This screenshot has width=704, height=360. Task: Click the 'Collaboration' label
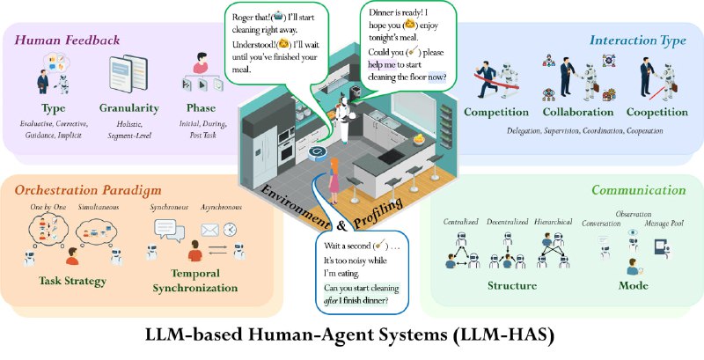(577, 113)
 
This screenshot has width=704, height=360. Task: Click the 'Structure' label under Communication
(514, 286)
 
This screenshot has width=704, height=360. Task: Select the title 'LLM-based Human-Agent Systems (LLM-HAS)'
(352, 338)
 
